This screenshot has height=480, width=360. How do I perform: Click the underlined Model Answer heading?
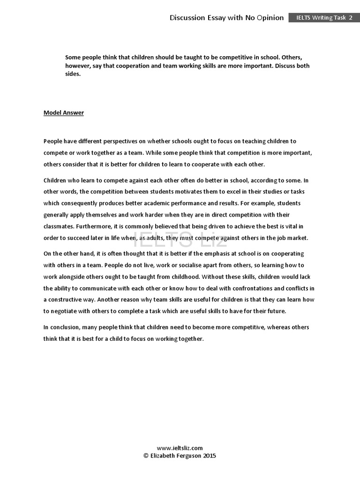pos(64,112)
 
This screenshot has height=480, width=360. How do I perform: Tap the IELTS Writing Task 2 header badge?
pos(324,18)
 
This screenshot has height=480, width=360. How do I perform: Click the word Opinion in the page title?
pos(269,18)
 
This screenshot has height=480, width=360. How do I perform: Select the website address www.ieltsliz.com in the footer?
pos(180,448)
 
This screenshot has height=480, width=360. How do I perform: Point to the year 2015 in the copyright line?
pos(210,456)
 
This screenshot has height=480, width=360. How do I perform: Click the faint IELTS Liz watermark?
pos(180,240)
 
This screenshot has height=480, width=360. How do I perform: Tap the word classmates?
pos(59,226)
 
